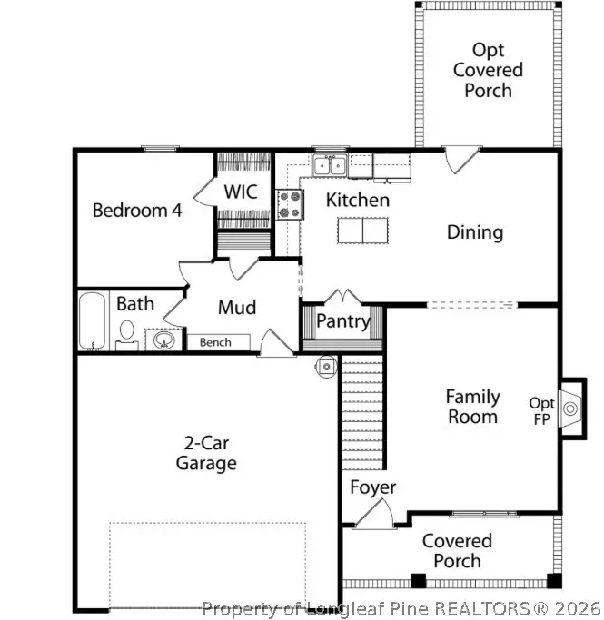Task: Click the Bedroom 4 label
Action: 137,211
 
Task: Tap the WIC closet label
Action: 241,192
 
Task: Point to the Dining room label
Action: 474,232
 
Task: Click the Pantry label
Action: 343,321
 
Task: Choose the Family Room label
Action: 472,407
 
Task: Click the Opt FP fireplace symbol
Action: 569,408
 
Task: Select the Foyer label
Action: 373,487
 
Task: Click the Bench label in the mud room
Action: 215,342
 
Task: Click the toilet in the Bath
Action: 127,333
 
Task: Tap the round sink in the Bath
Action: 164,340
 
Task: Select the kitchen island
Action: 363,231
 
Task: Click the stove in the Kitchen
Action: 291,204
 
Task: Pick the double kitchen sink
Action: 328,165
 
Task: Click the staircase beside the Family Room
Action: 362,408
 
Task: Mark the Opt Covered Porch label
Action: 488,70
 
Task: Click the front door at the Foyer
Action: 372,516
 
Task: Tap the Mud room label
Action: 236,308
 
